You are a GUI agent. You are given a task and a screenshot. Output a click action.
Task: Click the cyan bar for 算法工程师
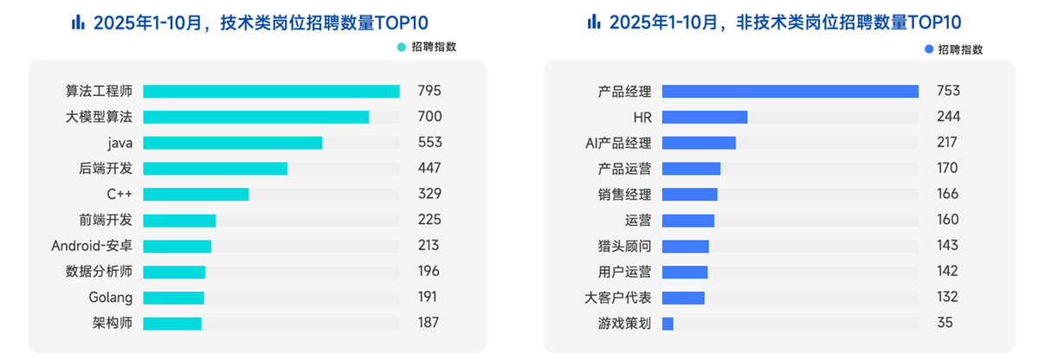click(x=271, y=91)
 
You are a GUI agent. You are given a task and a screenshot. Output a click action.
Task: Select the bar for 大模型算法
click(x=256, y=117)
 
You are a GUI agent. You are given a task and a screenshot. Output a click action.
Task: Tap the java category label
click(x=120, y=143)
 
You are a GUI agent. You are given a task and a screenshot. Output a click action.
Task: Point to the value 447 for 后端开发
click(x=429, y=168)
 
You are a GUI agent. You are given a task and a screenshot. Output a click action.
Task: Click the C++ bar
click(x=196, y=194)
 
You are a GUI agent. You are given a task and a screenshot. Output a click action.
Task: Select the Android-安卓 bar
click(x=177, y=246)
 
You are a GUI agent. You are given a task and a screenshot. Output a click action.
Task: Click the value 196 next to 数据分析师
click(x=429, y=272)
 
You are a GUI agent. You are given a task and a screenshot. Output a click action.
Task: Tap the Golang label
click(x=111, y=298)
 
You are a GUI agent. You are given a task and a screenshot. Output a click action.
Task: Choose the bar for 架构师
click(x=172, y=324)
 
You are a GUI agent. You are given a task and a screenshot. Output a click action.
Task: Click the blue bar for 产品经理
click(x=790, y=91)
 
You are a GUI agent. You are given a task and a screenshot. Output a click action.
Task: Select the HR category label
click(x=642, y=117)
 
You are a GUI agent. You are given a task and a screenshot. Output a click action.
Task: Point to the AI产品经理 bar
click(x=699, y=143)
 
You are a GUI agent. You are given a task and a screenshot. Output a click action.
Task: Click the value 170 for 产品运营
click(x=948, y=168)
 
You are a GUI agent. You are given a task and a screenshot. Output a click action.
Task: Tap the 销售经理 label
click(x=624, y=194)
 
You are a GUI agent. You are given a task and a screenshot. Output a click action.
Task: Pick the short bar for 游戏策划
click(x=667, y=324)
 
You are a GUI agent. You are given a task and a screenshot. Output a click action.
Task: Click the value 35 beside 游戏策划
click(x=945, y=324)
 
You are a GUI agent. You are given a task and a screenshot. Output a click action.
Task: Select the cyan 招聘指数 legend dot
click(x=401, y=48)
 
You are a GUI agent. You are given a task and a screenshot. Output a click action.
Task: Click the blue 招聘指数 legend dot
click(x=929, y=49)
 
